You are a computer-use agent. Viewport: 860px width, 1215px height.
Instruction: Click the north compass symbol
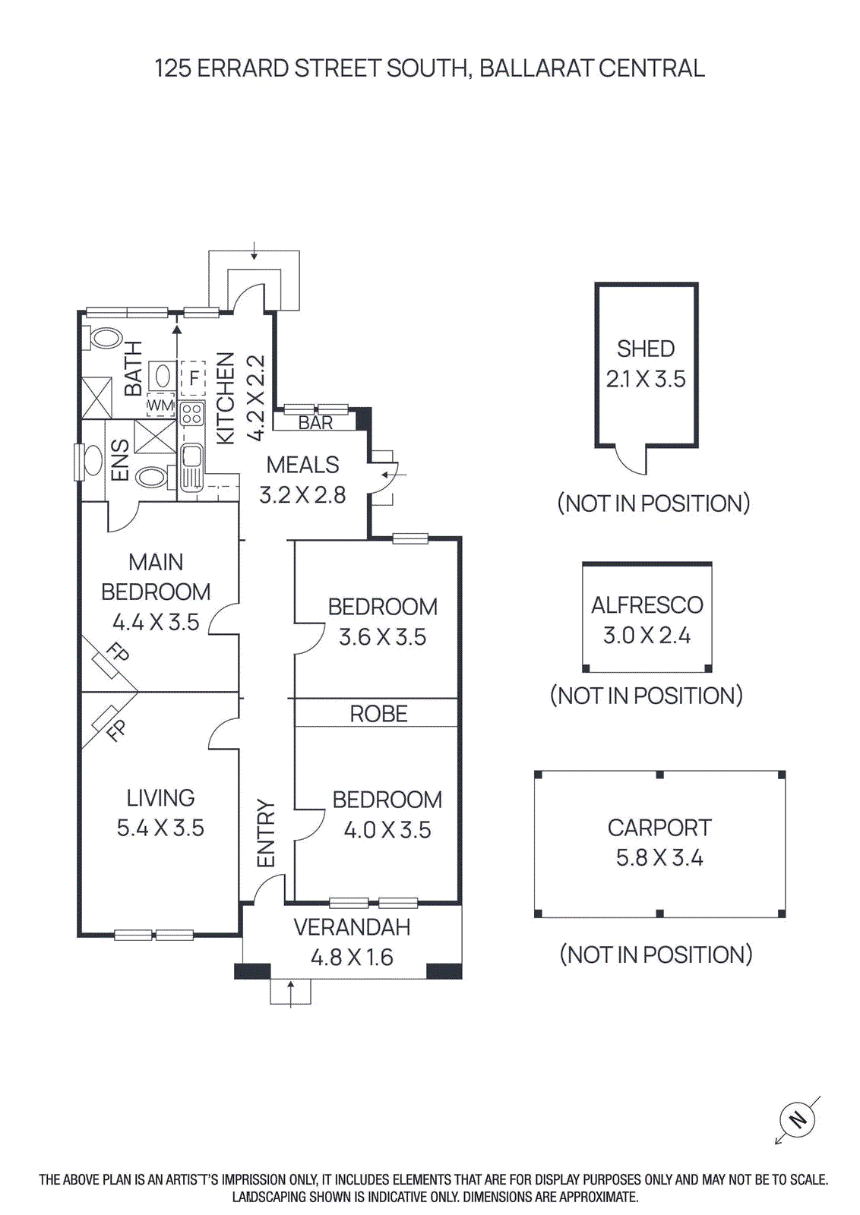[797, 1119]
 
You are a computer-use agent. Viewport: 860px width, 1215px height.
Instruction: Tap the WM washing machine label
[160, 406]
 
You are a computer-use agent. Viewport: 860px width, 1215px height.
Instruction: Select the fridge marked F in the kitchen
[194, 377]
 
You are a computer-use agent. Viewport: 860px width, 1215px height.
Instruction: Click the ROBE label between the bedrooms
[378, 714]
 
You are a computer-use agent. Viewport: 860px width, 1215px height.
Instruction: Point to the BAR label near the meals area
[315, 422]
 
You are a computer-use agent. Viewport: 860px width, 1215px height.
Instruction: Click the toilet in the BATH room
[104, 339]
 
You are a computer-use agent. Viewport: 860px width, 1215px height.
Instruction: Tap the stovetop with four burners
[191, 414]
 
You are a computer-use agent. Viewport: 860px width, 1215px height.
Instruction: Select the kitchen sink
[191, 459]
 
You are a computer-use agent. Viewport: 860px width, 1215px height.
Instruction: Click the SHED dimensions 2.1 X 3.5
[645, 379]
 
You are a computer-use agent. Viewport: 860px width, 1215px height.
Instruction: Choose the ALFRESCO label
[647, 605]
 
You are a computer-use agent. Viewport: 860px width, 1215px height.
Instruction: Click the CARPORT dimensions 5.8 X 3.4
[659, 858]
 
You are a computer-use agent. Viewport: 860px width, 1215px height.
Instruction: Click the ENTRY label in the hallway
[265, 833]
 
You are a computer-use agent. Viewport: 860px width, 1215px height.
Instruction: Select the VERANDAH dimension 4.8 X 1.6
[352, 958]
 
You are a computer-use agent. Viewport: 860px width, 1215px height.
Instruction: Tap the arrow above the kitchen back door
[255, 251]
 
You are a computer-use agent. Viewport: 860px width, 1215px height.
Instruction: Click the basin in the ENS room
[92, 460]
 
